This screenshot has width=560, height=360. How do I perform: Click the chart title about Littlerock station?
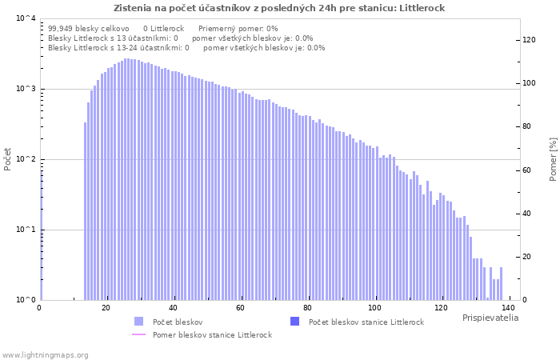279,8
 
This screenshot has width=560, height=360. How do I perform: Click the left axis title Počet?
8,159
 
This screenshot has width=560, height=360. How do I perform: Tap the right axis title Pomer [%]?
553,159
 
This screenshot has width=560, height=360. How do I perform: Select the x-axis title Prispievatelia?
490,318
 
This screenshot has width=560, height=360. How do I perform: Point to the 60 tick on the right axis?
527,170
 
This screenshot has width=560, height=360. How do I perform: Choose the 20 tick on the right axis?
527,257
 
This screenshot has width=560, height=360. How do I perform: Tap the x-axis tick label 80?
307,307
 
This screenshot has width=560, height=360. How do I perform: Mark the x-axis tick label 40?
174,307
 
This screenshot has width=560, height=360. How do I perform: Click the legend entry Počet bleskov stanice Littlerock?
366,322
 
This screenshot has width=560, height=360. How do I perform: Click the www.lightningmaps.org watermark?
45,354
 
